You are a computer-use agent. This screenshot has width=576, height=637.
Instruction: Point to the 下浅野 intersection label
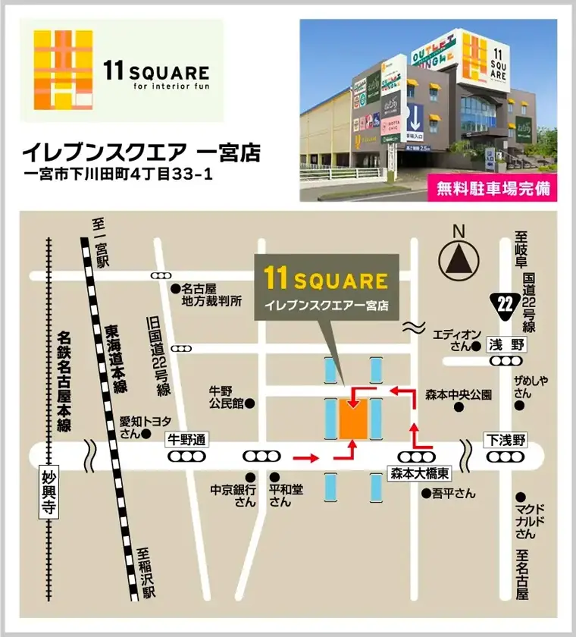pyautogui.click(x=505, y=439)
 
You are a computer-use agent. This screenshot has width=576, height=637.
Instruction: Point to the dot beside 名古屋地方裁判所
pyautogui.click(x=174, y=288)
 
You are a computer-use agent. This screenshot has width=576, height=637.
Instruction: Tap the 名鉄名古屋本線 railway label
pyautogui.click(x=64, y=379)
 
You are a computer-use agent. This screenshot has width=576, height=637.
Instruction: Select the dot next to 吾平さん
pyautogui.click(x=426, y=493)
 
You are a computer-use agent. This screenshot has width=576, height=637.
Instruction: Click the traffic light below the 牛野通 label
pyautogui.click(x=186, y=457)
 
